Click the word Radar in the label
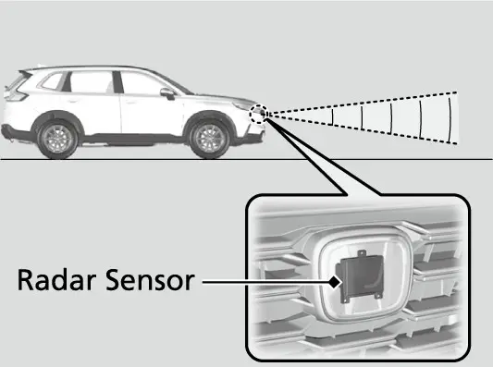pos(56,279)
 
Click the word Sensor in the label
pos(150,279)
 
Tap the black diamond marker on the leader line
pos(334,282)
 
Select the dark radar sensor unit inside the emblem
pos(360,276)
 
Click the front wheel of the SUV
pos(209,139)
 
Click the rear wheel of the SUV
pos(58,139)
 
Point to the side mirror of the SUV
pos(167,93)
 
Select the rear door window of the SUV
pos(92,81)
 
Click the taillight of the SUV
pos(16,92)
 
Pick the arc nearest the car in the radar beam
pos(332,116)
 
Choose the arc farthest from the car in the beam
pos(450,118)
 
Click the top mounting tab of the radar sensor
pos(362,253)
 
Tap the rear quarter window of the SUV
pos(53,81)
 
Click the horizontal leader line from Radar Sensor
pos(265,282)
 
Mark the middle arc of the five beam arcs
pos(391,118)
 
